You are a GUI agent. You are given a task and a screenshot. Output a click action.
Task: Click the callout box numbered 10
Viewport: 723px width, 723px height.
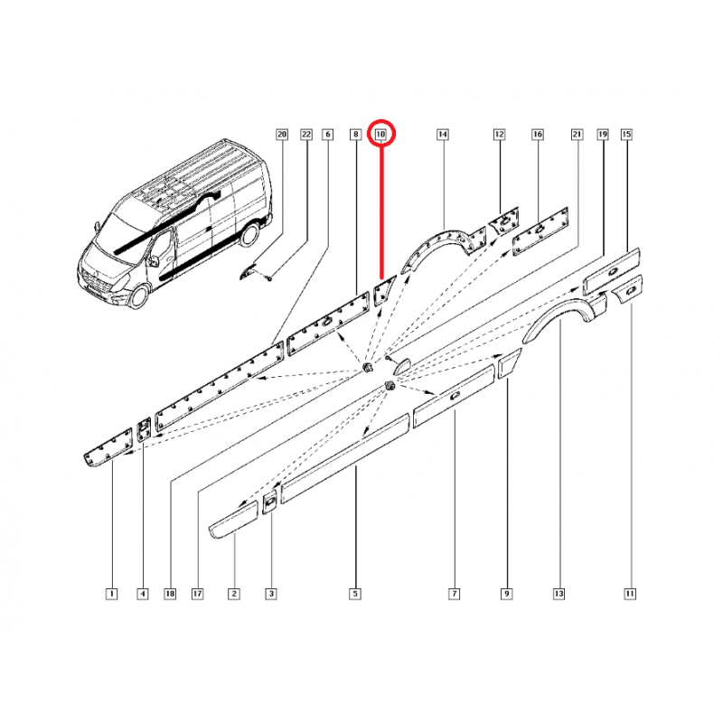380,134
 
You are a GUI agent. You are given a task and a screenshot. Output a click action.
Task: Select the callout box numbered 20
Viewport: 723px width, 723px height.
282,134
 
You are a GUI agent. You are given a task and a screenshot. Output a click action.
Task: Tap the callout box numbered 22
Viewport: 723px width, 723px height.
306,134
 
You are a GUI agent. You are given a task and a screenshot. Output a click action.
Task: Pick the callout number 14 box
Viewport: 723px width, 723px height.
442,134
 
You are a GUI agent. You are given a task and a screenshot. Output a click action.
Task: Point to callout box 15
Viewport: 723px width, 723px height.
626,134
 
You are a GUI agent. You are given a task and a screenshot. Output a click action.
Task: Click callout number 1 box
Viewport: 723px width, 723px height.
111,594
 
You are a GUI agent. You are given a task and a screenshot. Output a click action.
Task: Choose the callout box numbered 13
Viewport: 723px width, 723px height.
559,594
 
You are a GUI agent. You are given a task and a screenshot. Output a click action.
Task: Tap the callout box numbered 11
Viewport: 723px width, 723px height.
630,594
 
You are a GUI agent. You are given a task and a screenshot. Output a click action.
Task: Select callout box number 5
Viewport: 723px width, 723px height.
355,594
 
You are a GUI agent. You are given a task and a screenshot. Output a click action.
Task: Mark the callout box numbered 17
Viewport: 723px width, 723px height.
197,594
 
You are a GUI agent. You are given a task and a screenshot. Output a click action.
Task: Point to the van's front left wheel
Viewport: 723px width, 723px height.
138,296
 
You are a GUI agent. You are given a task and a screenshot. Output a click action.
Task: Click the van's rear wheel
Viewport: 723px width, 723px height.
249,234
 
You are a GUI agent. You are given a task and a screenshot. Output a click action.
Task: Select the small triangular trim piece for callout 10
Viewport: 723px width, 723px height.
383,291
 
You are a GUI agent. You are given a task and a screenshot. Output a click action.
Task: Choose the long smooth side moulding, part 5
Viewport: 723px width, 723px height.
345,458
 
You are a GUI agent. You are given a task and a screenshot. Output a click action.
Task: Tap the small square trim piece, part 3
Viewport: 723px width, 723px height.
269,502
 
